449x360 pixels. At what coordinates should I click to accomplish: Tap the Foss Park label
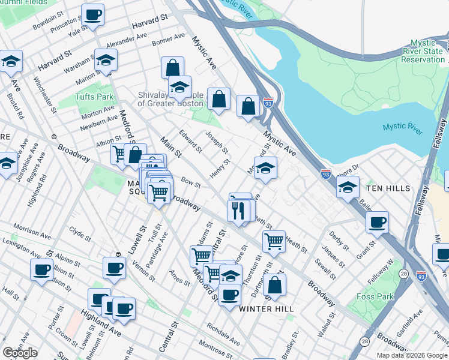click(x=375, y=296)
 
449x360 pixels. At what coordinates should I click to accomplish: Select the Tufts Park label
click(x=94, y=97)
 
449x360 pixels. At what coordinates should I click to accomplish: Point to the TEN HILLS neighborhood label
click(x=388, y=188)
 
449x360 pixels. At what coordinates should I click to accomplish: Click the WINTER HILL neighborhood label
click(x=266, y=308)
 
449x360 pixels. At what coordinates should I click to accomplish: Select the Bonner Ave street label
click(x=169, y=40)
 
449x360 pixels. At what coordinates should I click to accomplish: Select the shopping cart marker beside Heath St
click(x=274, y=241)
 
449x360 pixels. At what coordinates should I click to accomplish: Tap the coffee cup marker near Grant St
click(x=378, y=222)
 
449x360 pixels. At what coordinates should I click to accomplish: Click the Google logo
click(x=20, y=353)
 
